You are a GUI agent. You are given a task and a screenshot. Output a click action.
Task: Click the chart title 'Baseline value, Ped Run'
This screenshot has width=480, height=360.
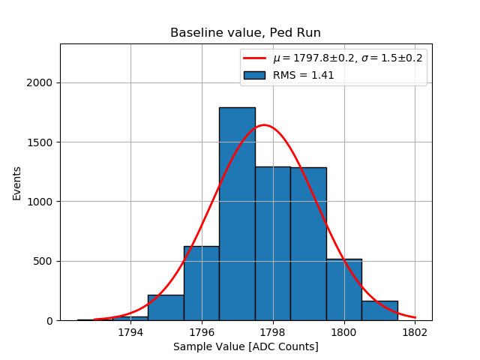pyautogui.click(x=245, y=33)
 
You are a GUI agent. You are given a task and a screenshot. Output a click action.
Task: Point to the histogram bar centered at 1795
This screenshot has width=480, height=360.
pyautogui.click(x=166, y=307)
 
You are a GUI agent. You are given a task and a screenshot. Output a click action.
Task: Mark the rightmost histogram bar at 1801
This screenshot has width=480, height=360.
pyautogui.click(x=379, y=310)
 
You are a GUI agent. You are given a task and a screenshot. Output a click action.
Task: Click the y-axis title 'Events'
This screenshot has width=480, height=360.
pyautogui.click(x=17, y=182)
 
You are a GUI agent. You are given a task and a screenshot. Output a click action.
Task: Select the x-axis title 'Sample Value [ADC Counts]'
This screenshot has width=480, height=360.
pyautogui.click(x=245, y=346)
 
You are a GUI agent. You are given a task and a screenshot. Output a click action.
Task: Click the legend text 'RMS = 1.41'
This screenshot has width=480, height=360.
pyautogui.click(x=303, y=75)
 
